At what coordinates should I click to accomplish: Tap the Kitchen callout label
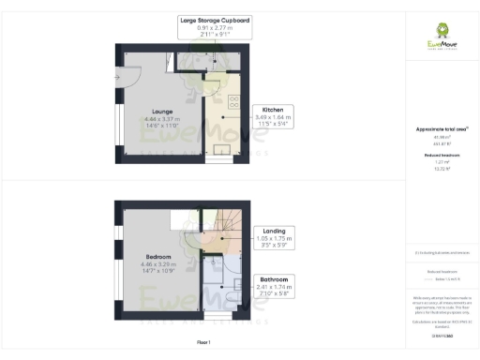[x=279, y=109]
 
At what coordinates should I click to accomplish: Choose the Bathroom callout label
[x=275, y=279]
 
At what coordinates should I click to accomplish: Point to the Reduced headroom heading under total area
[x=441, y=156]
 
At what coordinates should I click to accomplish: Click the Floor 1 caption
[x=202, y=343]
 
